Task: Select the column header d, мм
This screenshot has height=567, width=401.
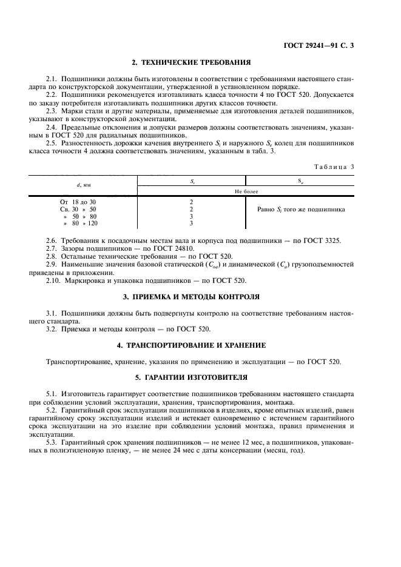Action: pyautogui.click(x=84, y=182)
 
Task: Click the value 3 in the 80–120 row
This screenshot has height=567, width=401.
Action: pyautogui.click(x=191, y=224)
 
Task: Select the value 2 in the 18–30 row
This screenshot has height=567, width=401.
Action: pyautogui.click(x=191, y=201)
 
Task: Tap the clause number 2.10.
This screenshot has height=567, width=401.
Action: pyautogui.click(x=53, y=280)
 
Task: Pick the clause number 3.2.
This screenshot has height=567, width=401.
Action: pyautogui.click(x=52, y=329)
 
